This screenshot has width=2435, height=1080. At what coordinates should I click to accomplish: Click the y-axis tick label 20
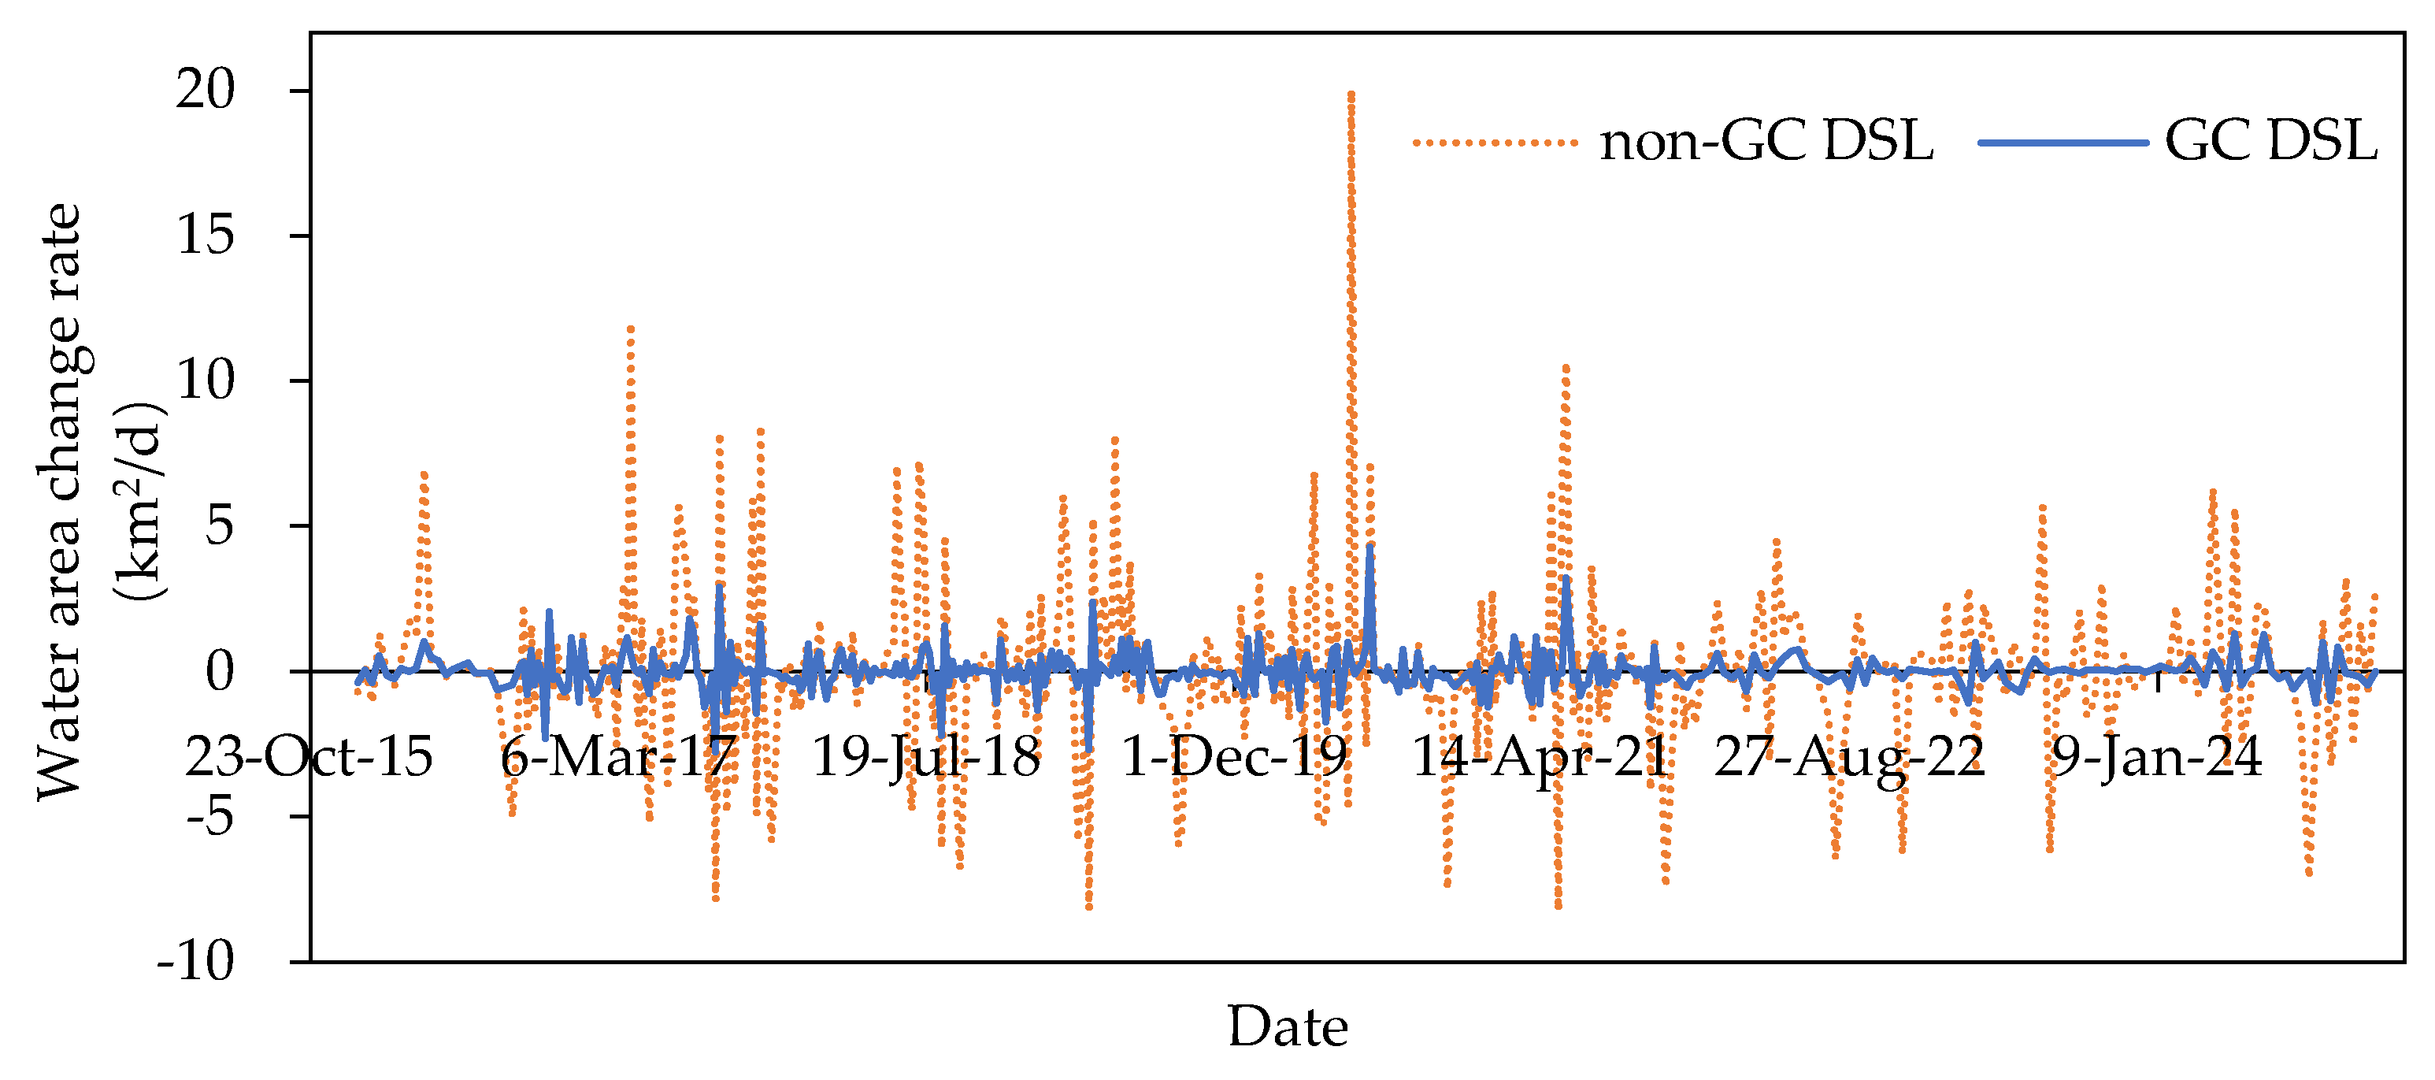click(205, 91)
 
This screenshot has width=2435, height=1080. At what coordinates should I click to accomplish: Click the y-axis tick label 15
click(205, 236)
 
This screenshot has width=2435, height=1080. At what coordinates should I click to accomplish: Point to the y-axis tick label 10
click(205, 381)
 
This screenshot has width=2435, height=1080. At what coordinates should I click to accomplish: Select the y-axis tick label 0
click(219, 673)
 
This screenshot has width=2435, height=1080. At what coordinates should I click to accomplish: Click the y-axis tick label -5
click(209, 817)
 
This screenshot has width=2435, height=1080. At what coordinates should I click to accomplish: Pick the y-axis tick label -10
click(195, 963)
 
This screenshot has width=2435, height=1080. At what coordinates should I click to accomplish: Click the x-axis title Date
click(1288, 1028)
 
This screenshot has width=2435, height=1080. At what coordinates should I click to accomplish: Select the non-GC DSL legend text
click(1766, 143)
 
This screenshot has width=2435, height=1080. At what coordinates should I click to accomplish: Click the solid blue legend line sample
click(2063, 143)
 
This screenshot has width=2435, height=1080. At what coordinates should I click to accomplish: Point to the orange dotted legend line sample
click(1495, 143)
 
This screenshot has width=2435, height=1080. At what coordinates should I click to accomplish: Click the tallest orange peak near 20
click(1351, 95)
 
